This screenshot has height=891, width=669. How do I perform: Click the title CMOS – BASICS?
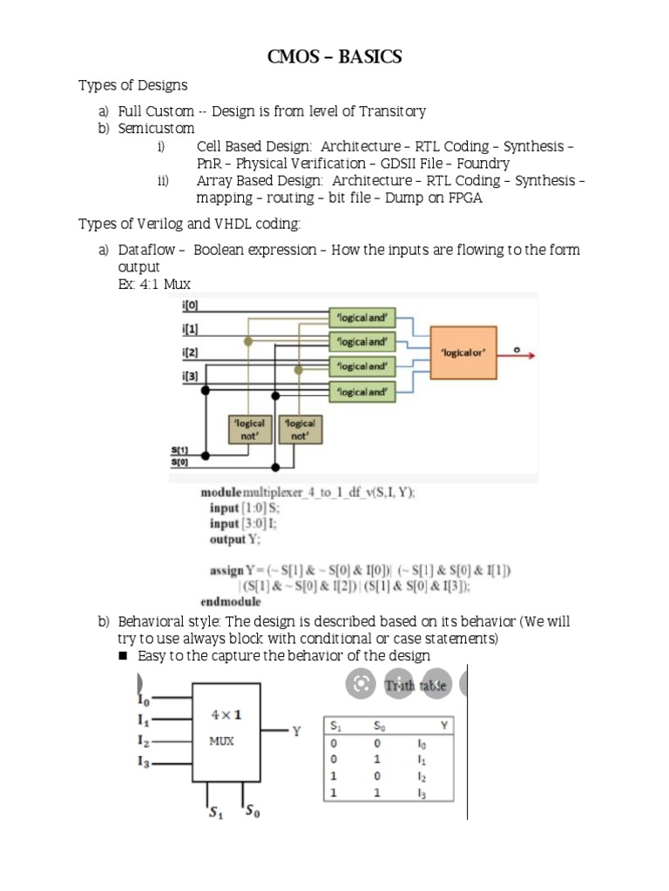tap(334, 57)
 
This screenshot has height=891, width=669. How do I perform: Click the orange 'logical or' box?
tap(463, 352)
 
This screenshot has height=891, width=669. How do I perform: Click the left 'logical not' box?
tap(247, 429)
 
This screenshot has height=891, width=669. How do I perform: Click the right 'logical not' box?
tap(299, 429)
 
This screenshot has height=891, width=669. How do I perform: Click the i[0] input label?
tap(191, 305)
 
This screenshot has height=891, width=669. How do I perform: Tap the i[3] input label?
tap(191, 375)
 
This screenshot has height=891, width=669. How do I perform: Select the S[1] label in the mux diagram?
tap(179, 450)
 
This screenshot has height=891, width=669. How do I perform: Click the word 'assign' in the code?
tap(226, 571)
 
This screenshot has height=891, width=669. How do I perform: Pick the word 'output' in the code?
tap(228, 539)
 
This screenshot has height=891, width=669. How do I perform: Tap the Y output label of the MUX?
tap(297, 732)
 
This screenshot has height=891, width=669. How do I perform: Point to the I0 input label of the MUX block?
tap(144, 698)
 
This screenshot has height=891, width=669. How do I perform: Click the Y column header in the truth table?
tap(445, 725)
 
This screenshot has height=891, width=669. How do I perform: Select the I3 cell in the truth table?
tap(422, 793)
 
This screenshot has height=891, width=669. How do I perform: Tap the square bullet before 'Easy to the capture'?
tap(123, 656)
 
